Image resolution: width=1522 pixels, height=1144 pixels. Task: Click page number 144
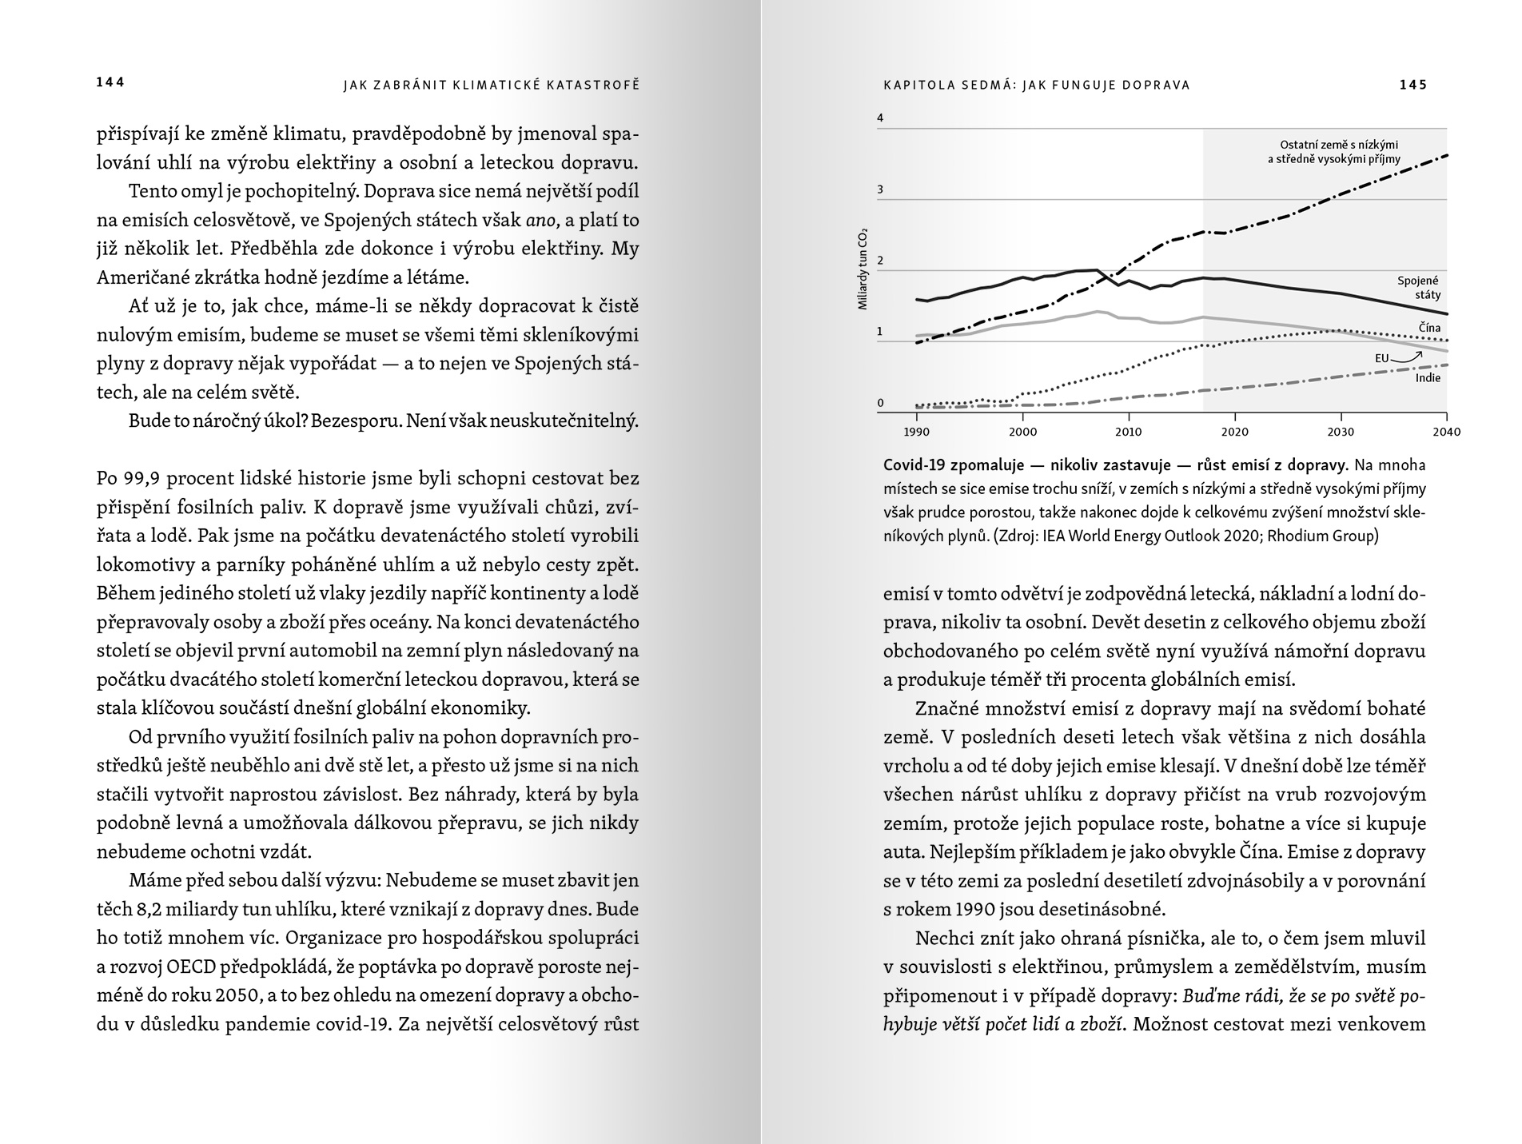[x=110, y=82]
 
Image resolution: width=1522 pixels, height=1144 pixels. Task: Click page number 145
[x=1412, y=85]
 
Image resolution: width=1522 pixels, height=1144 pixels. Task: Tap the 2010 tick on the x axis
[x=1128, y=432]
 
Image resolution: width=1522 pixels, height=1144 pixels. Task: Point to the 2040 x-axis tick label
[x=1446, y=432]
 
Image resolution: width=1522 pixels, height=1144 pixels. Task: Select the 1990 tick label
[x=916, y=432]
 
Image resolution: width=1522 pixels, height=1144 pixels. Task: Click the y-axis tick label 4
[x=880, y=118]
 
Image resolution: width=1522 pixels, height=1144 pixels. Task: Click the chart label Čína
[x=1429, y=328]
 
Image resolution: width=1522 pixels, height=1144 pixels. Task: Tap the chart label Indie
[x=1428, y=378]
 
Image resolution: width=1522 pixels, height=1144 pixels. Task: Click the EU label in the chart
[x=1381, y=359]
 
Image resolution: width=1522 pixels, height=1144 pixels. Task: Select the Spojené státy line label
[x=1418, y=288]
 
